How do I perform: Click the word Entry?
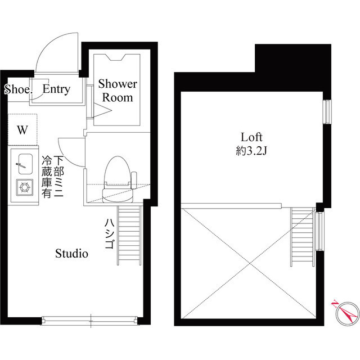[x=56, y=89]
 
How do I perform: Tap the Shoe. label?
[x=19, y=89]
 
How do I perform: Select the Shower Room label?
[x=118, y=91]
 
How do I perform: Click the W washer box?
[x=22, y=130]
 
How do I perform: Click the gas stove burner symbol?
[x=24, y=186]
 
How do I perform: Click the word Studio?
[x=71, y=254]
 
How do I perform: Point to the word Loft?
[x=252, y=137]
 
